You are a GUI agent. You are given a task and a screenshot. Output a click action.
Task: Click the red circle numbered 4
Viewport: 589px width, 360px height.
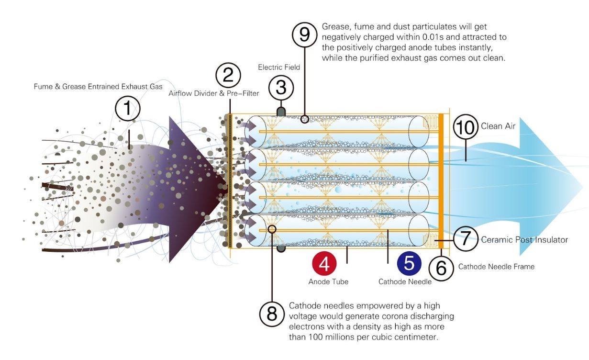(x=324, y=263)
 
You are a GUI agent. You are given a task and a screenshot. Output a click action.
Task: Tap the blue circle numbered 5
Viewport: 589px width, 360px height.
(x=409, y=263)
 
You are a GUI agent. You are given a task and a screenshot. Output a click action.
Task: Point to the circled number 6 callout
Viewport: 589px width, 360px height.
(x=441, y=268)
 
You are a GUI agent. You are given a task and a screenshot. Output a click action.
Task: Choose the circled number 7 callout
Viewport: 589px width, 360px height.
(x=465, y=239)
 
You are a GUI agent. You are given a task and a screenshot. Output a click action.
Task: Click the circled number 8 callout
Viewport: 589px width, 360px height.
(x=272, y=314)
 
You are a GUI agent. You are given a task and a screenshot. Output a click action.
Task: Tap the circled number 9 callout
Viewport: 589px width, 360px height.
(x=305, y=35)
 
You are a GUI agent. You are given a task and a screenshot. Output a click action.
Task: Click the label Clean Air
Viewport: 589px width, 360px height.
(x=498, y=126)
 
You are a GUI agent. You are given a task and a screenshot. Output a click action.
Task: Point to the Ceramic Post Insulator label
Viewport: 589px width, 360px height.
(x=524, y=239)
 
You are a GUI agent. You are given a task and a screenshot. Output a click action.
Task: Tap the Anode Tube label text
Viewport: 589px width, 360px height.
(x=328, y=282)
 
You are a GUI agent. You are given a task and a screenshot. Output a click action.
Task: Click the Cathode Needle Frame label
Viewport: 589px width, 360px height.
(x=496, y=266)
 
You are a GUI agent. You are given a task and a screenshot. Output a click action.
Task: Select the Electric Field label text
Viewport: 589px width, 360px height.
(x=279, y=67)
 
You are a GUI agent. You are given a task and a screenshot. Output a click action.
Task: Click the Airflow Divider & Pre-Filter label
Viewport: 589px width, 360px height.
(x=213, y=93)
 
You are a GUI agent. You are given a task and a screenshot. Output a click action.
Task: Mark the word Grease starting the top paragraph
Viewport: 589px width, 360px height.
(x=334, y=27)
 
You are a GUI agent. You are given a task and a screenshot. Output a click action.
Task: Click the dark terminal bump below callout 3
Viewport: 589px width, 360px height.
(x=281, y=112)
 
